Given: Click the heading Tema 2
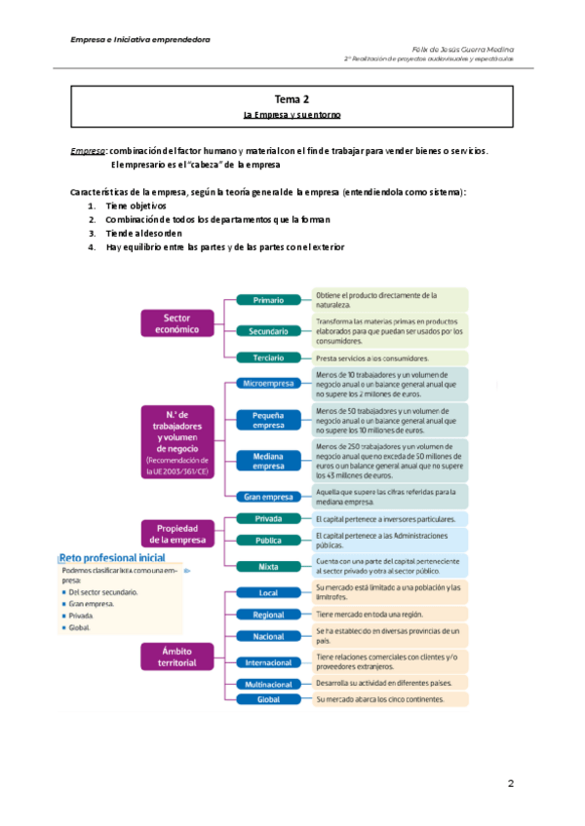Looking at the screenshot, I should (x=292, y=99).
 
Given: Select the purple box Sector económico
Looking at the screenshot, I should (x=176, y=323).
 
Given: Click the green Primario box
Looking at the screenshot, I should (x=268, y=300).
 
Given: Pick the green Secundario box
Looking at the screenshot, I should (x=268, y=332).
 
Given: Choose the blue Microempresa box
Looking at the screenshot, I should (x=268, y=384).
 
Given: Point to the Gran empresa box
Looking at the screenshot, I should (x=268, y=497).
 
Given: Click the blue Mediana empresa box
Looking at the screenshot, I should (x=268, y=461).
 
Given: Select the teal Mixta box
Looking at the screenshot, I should (x=268, y=566).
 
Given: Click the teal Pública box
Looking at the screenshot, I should (x=268, y=540).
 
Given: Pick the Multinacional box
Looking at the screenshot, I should (x=268, y=685).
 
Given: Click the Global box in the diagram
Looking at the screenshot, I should (x=268, y=699).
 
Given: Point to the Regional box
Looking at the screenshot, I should (x=268, y=615).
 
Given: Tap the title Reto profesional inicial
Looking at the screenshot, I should (x=112, y=558).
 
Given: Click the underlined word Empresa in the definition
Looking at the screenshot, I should (x=89, y=151).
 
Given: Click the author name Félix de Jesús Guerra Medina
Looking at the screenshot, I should (x=464, y=49).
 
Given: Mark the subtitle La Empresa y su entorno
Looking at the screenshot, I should (x=292, y=115).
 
